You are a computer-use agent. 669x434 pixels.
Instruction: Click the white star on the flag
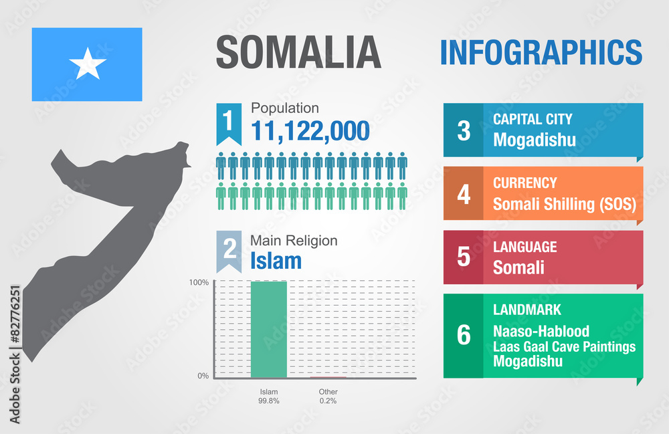pos(88,65)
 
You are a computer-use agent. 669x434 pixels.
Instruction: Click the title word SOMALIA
pos(298,53)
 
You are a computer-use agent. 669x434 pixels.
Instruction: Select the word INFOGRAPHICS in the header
pos(541,52)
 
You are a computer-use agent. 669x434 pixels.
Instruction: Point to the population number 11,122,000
pos(310,131)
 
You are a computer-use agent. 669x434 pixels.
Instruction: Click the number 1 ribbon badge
pos(228,122)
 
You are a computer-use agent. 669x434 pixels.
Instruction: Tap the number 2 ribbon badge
pos(229,249)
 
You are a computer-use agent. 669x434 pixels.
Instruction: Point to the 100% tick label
pos(198,282)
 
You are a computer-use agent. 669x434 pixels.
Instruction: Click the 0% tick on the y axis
pos(203,376)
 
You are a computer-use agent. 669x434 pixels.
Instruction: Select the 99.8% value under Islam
pos(268,401)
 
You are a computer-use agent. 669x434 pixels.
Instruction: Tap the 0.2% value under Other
pos(328,401)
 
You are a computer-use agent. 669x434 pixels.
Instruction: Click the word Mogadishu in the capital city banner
pos(534,139)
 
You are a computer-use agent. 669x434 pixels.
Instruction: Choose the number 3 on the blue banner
pos(464,130)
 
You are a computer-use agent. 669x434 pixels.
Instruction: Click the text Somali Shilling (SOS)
pos(564,203)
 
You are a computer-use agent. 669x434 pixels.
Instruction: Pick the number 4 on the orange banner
pos(464,194)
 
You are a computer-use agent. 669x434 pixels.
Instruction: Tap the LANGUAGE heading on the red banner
pos(524,247)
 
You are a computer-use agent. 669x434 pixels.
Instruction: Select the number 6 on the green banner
pos(464,335)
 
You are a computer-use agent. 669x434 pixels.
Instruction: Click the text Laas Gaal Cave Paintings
pos(564,346)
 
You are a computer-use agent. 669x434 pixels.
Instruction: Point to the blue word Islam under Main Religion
pos(276,260)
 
